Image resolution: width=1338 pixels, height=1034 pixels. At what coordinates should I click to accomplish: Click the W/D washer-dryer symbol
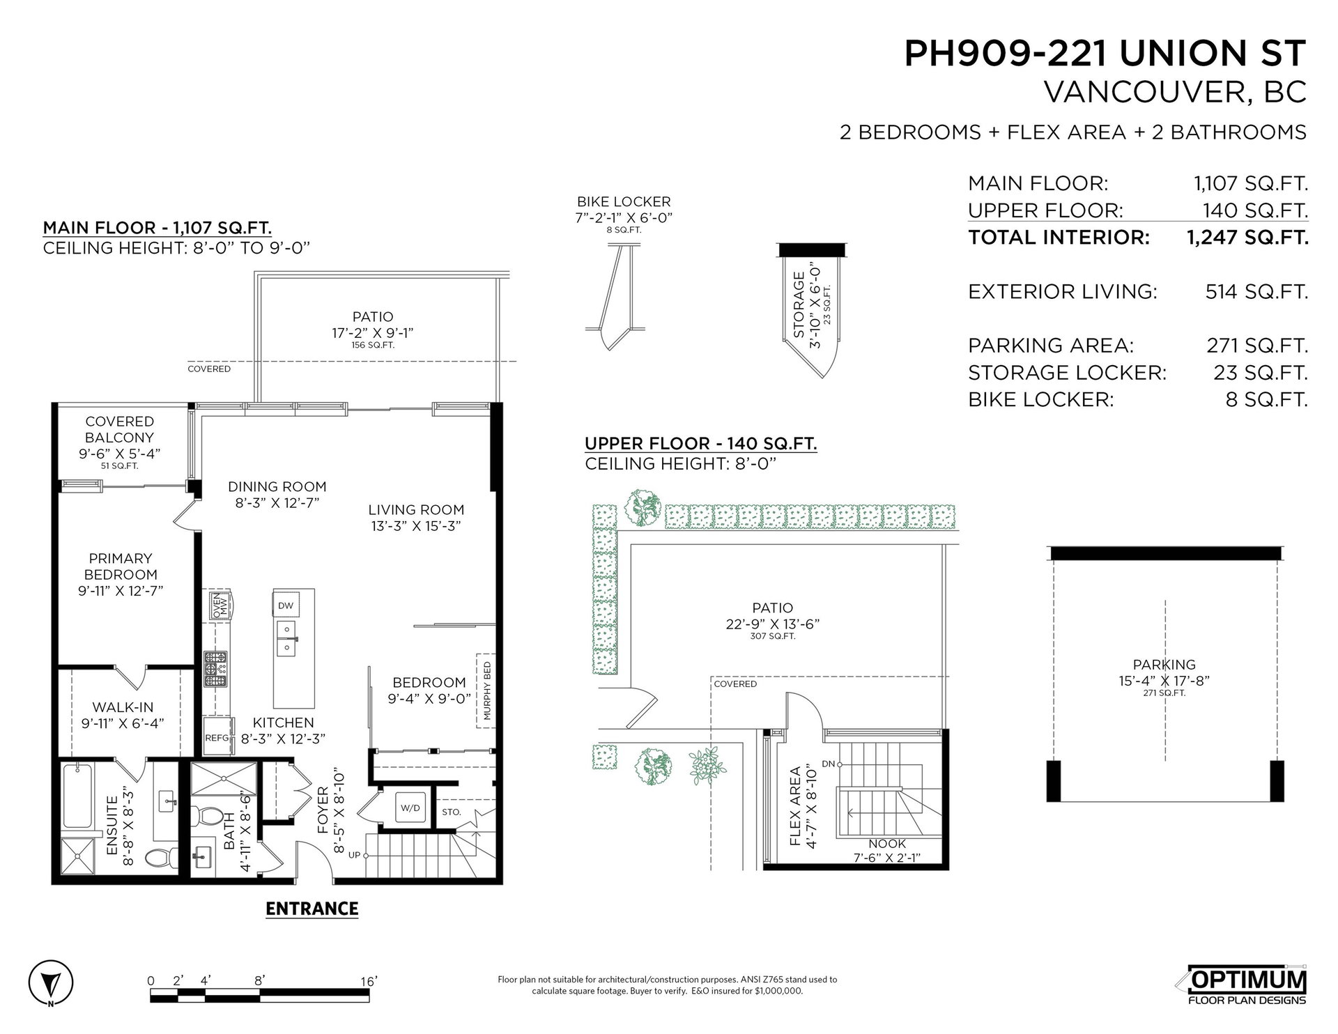[x=410, y=808]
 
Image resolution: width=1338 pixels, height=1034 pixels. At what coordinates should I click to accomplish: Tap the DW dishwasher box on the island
[x=286, y=605]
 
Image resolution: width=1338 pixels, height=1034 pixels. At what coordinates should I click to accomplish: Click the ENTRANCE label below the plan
[x=312, y=909]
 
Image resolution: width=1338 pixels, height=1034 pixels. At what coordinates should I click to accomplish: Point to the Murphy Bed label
[x=486, y=690]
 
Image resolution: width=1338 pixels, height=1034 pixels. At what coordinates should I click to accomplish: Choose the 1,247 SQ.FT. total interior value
[x=1247, y=238]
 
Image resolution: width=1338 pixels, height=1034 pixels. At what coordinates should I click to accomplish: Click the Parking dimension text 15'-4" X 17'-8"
[x=1164, y=680]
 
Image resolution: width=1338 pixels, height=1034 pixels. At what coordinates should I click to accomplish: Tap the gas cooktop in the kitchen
[x=215, y=668]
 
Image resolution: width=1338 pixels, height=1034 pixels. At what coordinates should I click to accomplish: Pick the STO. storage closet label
[x=452, y=812]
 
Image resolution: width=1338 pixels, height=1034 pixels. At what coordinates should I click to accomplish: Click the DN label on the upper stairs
[x=828, y=764]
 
